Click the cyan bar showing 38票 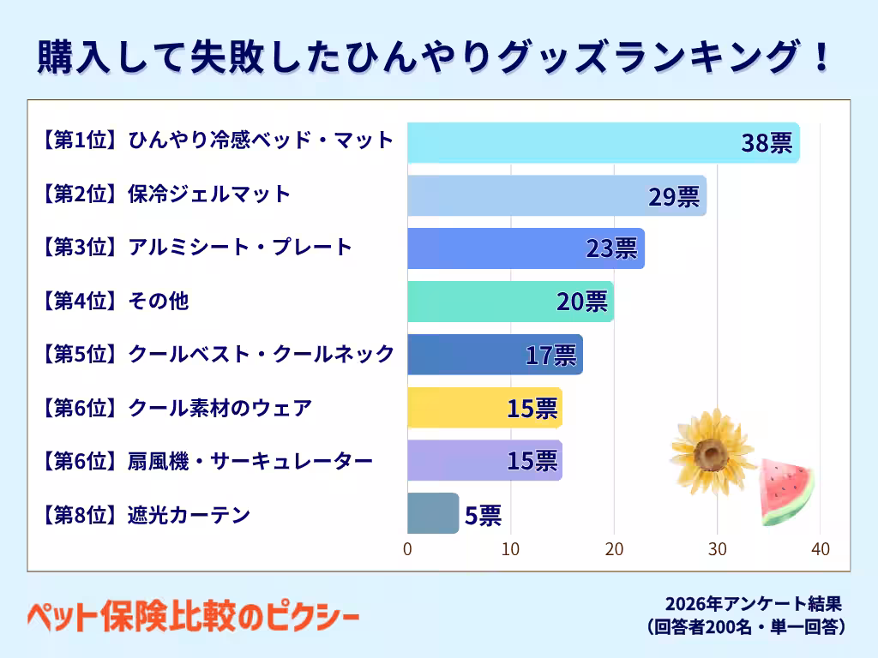[x=604, y=143]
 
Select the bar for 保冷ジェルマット [x=557, y=195]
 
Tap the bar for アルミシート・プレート [x=526, y=248]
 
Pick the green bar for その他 [x=511, y=302]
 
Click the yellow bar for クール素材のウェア [x=485, y=407]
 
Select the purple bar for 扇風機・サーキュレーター [x=485, y=460]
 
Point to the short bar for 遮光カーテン [x=433, y=513]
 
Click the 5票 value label [x=484, y=515]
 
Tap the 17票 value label [x=551, y=356]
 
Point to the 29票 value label [x=674, y=196]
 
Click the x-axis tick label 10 [x=511, y=549]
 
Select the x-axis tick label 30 [x=718, y=549]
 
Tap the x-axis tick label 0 [x=407, y=549]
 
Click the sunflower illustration [x=713, y=452]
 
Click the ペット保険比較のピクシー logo [x=193, y=617]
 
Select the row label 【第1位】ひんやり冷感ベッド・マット [x=217, y=140]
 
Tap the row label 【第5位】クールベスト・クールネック [x=217, y=354]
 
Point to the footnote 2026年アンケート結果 [x=753, y=604]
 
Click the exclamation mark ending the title [x=822, y=56]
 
